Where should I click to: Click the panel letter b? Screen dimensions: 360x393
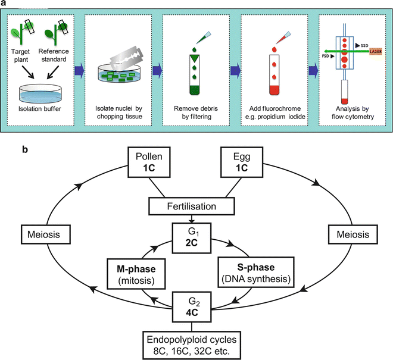[25, 146]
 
